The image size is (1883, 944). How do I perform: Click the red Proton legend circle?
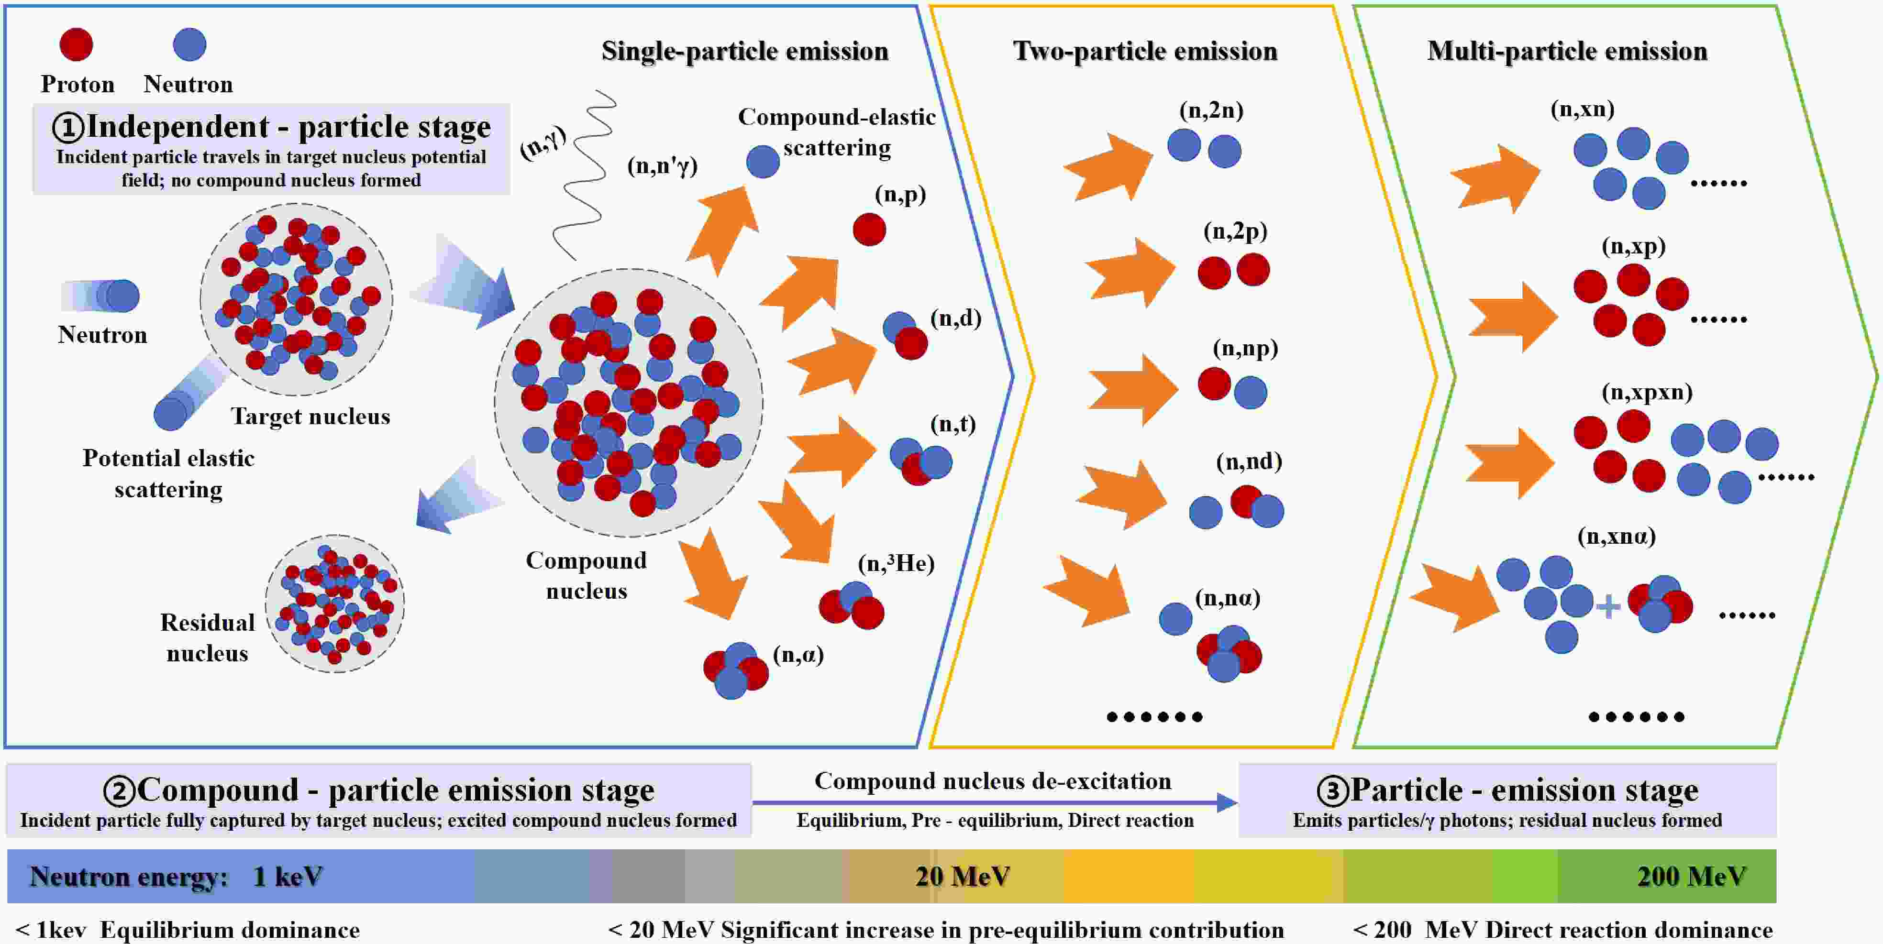click(76, 44)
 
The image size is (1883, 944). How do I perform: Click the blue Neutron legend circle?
click(189, 44)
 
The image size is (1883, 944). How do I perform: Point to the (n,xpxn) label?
click(1647, 392)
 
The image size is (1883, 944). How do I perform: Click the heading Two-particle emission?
click(1145, 51)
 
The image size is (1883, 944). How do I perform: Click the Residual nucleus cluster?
click(335, 604)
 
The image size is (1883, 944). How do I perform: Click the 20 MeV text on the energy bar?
click(962, 876)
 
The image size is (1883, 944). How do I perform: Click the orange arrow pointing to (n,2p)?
click(1130, 272)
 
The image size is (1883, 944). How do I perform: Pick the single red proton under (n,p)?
click(869, 230)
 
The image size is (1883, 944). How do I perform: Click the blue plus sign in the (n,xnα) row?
click(1608, 606)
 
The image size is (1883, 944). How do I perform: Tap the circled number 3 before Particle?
click(1332, 790)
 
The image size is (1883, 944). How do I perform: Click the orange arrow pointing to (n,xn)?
click(1495, 179)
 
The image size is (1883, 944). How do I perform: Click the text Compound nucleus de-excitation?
click(993, 781)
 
